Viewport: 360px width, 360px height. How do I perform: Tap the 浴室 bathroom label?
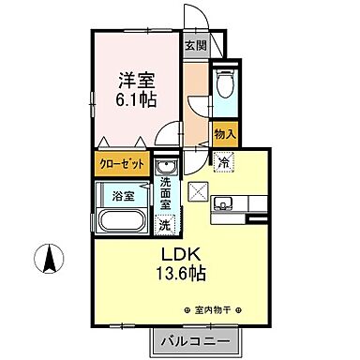123,195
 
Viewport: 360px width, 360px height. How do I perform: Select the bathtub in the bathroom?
119,223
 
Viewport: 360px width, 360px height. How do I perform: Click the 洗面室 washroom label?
166,195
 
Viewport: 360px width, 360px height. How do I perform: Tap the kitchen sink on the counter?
225,202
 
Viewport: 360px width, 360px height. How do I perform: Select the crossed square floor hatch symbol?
198,192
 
